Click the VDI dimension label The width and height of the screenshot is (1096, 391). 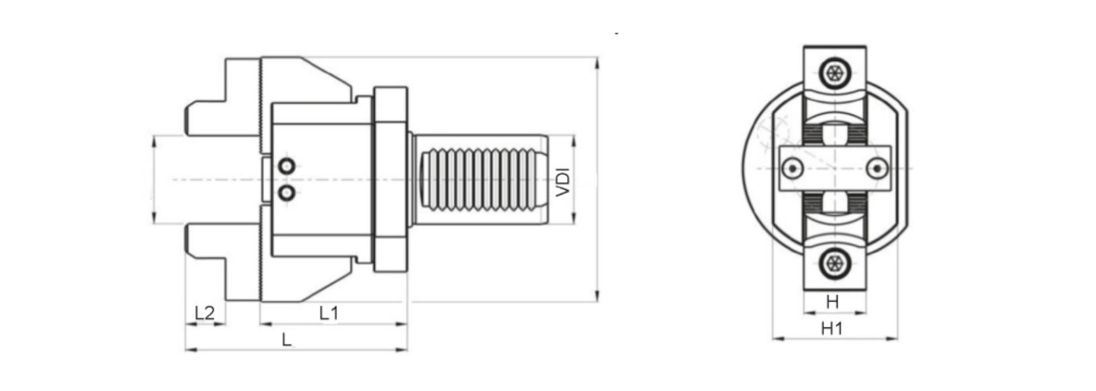564,181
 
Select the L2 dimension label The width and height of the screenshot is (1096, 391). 204,313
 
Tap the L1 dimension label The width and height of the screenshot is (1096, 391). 329,313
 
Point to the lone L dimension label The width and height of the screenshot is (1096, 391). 287,340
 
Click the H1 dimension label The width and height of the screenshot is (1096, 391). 831,329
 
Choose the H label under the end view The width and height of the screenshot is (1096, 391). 832,302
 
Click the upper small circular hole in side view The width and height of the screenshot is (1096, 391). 287,166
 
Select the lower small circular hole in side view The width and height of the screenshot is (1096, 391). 287,192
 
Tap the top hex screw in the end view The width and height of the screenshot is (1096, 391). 835,74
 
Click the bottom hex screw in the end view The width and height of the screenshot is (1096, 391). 835,264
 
